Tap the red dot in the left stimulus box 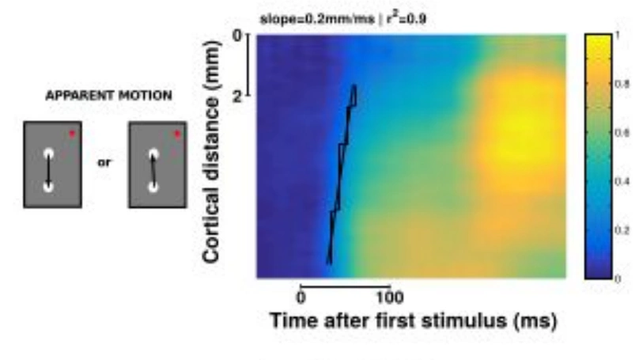(72, 133)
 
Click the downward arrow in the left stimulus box (49, 170)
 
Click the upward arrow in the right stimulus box (154, 169)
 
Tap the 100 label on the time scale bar (390, 297)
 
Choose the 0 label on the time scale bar (301, 297)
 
